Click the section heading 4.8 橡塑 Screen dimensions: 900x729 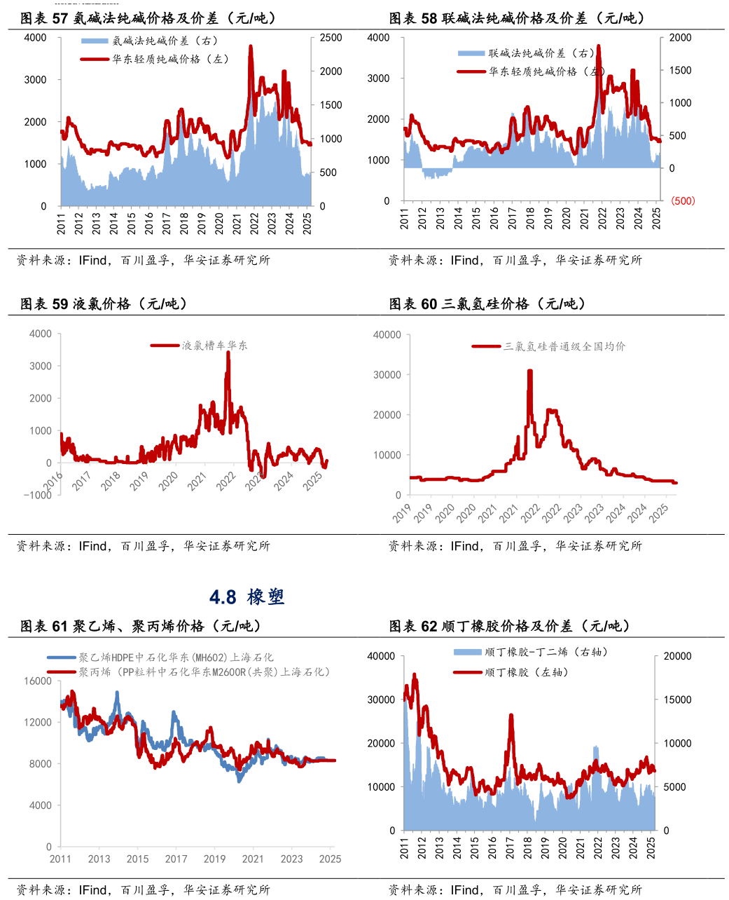point(247,597)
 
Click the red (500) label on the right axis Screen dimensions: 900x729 point(683,201)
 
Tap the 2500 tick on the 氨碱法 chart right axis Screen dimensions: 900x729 point(331,38)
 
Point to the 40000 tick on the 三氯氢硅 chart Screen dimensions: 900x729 point(387,335)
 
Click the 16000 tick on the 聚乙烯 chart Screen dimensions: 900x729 point(38,681)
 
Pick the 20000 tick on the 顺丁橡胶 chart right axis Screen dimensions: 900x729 point(677,657)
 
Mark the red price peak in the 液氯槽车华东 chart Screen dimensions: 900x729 point(228,353)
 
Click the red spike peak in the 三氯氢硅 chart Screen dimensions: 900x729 point(530,371)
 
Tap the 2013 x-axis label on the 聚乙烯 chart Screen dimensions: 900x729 point(99,859)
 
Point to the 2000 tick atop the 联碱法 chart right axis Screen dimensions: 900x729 point(680,38)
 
